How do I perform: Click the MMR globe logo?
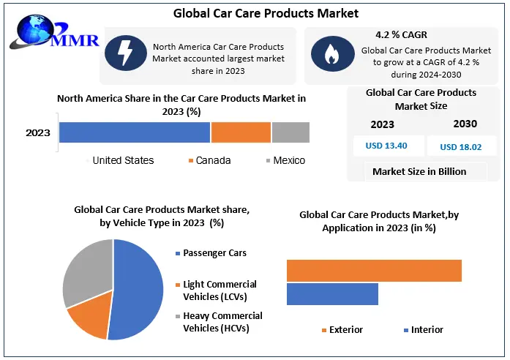33,32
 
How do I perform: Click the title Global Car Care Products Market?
256,12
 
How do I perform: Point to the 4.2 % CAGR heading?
401,34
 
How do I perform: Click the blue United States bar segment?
135,132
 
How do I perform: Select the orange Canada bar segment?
241,132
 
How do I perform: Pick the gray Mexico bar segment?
290,132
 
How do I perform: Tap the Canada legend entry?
213,160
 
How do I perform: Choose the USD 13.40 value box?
386,146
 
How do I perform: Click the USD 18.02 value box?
460,146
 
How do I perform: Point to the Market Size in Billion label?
419,172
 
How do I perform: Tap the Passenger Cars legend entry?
214,253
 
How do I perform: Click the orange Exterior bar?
374,271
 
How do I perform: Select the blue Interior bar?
332,294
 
